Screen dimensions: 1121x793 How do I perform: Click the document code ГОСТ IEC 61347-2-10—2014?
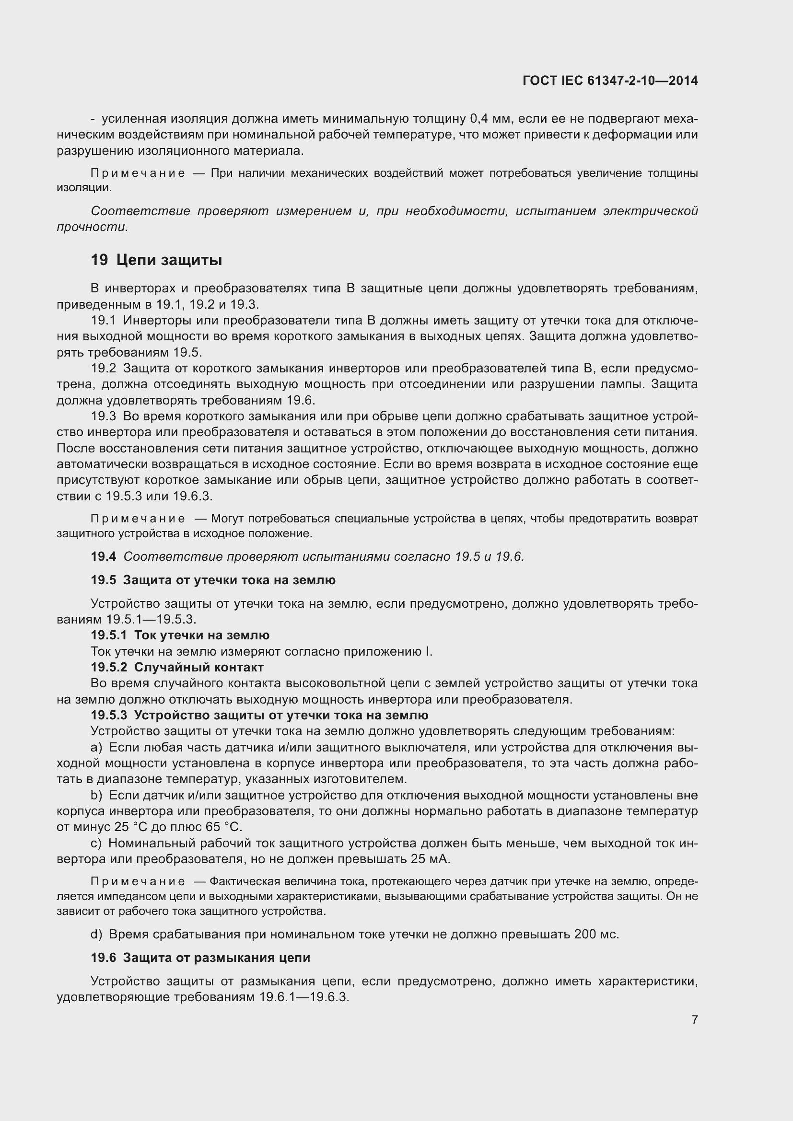click(x=610, y=81)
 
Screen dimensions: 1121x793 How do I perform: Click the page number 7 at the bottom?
click(x=694, y=1019)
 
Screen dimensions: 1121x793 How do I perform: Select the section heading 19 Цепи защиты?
click(x=156, y=260)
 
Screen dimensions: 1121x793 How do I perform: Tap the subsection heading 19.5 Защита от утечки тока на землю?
click(x=213, y=580)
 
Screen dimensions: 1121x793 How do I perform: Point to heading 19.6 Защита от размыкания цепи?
click(x=200, y=958)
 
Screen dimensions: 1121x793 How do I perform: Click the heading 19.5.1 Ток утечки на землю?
click(x=180, y=635)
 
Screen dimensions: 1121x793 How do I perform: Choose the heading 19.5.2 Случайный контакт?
click(x=177, y=667)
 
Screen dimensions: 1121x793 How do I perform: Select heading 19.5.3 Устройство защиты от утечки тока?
click(x=259, y=715)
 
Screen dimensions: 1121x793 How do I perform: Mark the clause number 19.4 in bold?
click(x=104, y=556)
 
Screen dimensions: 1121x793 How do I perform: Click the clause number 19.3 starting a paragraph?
click(x=104, y=416)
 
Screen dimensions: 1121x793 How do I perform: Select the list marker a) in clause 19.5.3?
click(x=97, y=748)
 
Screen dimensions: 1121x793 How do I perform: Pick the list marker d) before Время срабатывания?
click(x=97, y=934)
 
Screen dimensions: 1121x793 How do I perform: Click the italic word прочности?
click(x=92, y=227)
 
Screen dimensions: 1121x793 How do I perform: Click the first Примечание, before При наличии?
click(x=138, y=173)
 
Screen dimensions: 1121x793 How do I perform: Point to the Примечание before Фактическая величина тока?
click(x=138, y=881)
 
